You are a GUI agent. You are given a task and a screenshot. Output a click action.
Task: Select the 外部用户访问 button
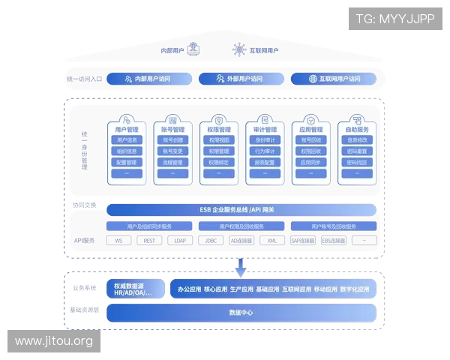pos(240,78)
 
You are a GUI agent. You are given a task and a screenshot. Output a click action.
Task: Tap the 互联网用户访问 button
pos(334,78)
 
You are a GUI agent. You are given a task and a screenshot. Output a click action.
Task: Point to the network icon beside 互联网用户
pos(239,49)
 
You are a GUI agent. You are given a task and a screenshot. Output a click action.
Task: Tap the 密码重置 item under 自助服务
pos(357,151)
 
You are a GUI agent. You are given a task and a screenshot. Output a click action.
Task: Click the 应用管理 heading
pos(311,129)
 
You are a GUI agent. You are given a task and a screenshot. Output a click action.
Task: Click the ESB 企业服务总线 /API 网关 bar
pos(241,209)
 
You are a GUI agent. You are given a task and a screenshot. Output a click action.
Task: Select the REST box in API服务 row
pos(150,241)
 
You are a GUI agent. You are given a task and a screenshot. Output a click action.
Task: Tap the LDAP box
pos(181,241)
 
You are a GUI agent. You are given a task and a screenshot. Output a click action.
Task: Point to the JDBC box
pos(211,241)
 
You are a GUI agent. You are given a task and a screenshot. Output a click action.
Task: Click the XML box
pos(272,241)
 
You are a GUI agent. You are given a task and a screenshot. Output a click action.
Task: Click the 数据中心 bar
pos(241,312)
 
